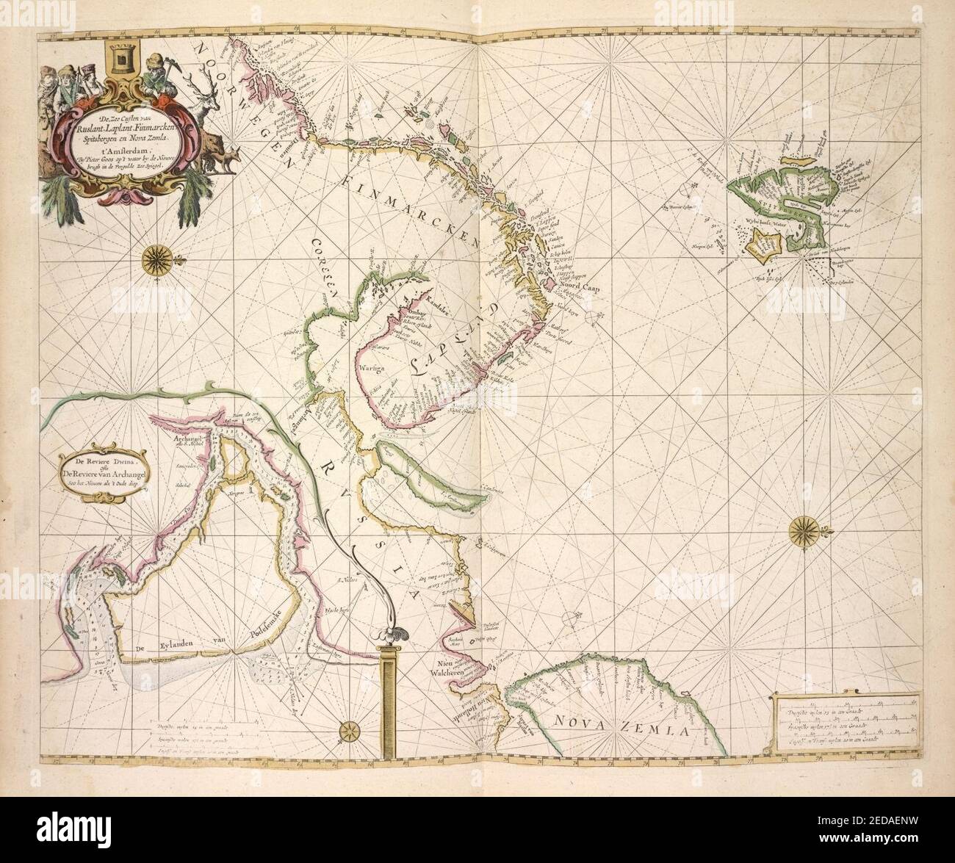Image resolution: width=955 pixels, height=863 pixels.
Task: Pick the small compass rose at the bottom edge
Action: (x=347, y=731)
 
